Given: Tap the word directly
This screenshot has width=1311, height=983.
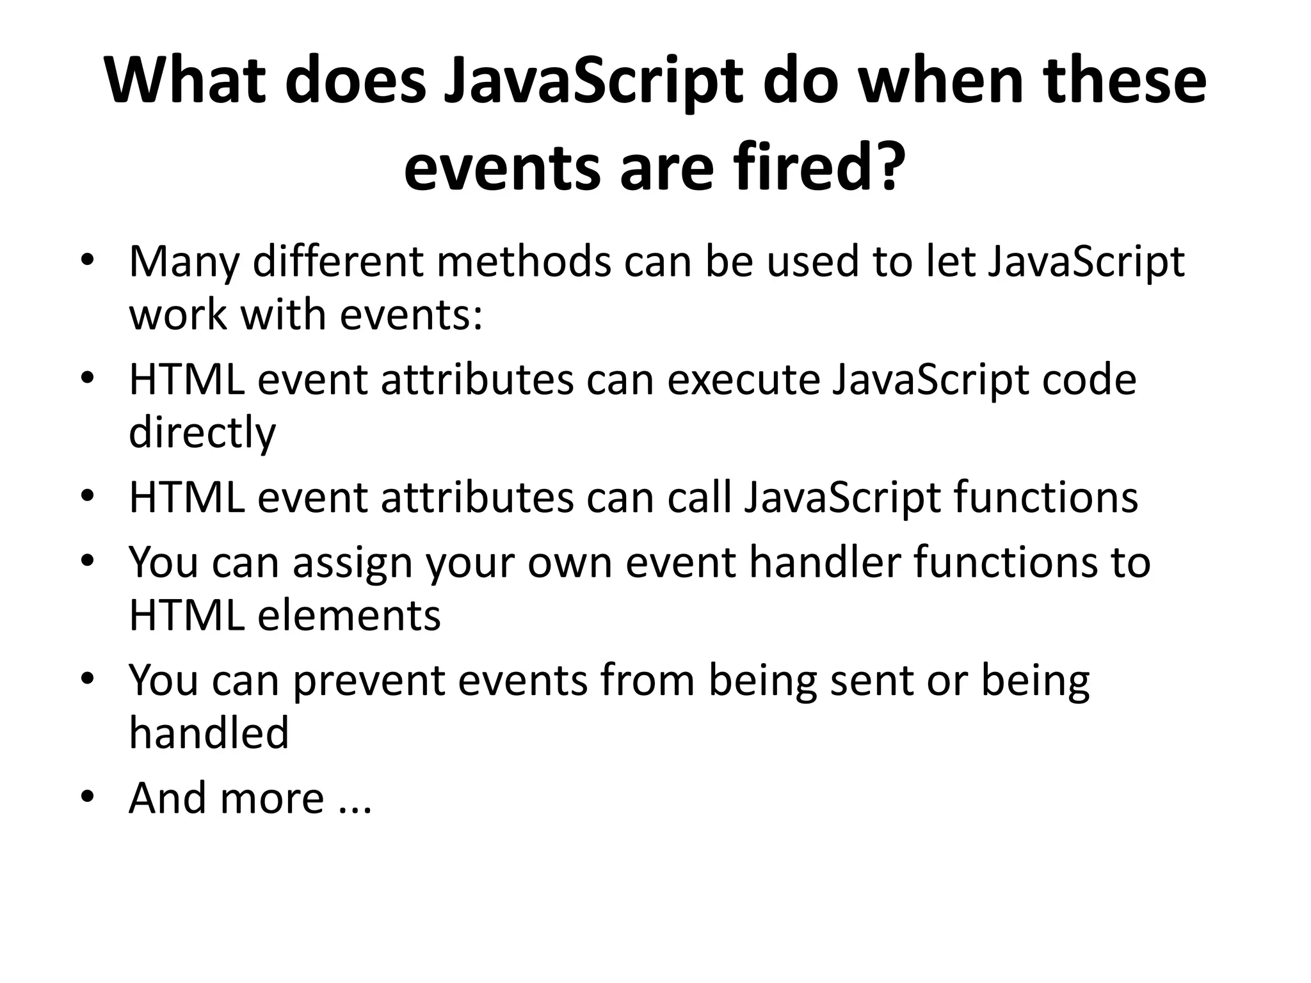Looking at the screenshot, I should [202, 433].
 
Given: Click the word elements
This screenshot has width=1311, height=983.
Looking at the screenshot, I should [349, 615].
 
